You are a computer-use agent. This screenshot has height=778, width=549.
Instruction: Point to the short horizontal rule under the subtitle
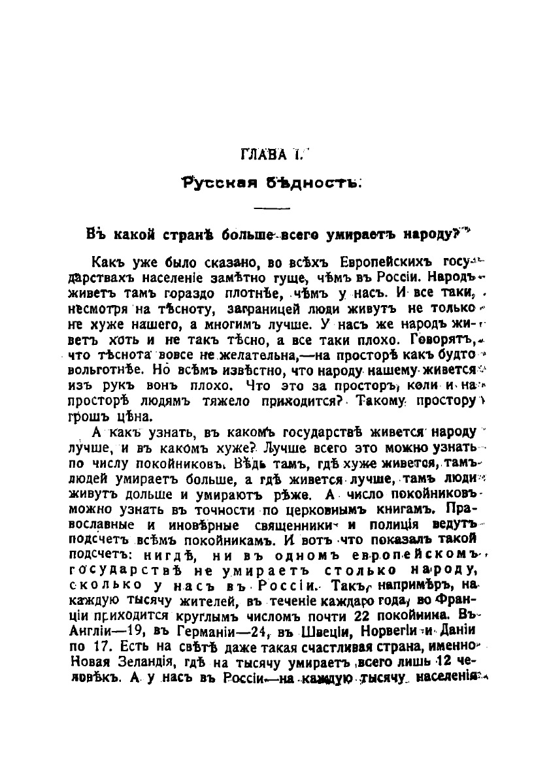tap(267, 208)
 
